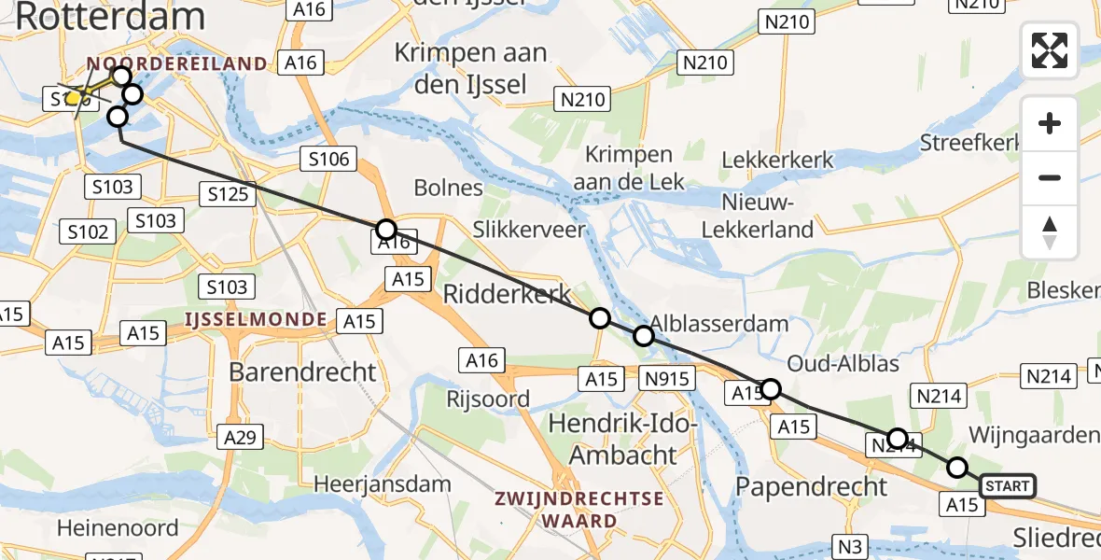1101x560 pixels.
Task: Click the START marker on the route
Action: [x=1008, y=485]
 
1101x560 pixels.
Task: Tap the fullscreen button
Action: [x=1050, y=50]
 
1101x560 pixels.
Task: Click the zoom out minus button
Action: [x=1050, y=177]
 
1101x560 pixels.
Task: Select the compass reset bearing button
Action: [x=1050, y=232]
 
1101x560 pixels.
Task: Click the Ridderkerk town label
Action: [x=505, y=293]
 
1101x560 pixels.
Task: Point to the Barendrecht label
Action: [x=303, y=371]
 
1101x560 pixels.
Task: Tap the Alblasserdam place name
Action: [x=719, y=324]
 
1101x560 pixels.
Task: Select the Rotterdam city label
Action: [x=110, y=16]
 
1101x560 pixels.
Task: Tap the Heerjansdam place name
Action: [x=383, y=484]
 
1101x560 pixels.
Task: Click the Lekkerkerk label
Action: [x=777, y=160]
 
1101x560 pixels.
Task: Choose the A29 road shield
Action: [x=242, y=435]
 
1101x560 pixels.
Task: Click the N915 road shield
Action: [x=666, y=378]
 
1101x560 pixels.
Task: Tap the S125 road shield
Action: [x=227, y=195]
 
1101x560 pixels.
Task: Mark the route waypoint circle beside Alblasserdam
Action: [x=644, y=336]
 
